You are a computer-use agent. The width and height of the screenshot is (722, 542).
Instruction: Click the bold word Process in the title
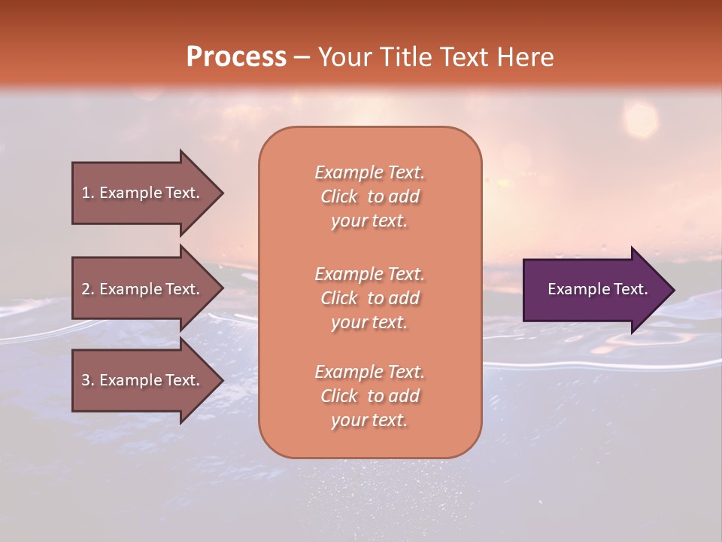point(236,57)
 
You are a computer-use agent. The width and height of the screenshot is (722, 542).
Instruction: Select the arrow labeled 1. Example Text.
point(143,193)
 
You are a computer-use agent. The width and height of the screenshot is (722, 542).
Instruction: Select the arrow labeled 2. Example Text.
point(143,289)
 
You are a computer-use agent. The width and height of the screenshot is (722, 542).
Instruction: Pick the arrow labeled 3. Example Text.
point(143,380)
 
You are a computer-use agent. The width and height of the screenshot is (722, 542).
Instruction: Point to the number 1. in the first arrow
point(88,193)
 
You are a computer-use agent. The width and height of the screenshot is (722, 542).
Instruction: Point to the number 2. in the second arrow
point(88,289)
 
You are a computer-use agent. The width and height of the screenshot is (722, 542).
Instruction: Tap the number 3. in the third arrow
point(88,380)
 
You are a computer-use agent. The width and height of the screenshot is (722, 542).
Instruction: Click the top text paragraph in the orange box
point(369,196)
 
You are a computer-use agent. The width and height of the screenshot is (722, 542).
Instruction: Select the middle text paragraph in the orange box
point(369,297)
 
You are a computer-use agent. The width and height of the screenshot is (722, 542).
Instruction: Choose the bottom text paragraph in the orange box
point(369,396)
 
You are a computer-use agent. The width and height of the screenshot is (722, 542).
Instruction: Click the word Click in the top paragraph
point(339,196)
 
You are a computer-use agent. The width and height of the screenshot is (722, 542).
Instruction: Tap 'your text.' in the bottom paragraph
point(369,420)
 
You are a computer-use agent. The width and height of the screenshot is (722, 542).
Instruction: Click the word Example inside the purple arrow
point(575,289)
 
